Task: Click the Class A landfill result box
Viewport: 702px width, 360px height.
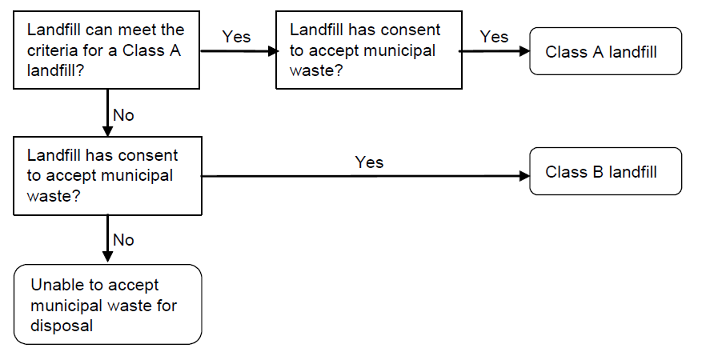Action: click(x=605, y=51)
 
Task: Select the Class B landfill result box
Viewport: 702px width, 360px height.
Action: click(x=605, y=171)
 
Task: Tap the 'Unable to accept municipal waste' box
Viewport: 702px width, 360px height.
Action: click(x=107, y=305)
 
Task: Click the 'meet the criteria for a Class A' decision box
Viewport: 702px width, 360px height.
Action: click(x=106, y=50)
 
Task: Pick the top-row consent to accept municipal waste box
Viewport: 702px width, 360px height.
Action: click(x=368, y=50)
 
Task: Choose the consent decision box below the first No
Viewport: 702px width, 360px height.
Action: click(x=106, y=175)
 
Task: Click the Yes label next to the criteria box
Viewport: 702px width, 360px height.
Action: click(x=236, y=37)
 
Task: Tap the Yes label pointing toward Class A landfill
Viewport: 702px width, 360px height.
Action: click(x=494, y=37)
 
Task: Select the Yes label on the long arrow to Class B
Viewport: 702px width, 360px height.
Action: click(x=369, y=162)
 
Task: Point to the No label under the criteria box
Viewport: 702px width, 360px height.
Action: click(x=123, y=115)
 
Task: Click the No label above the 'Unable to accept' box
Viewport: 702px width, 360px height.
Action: click(x=123, y=240)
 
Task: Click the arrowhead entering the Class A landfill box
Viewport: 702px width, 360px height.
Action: click(x=524, y=50)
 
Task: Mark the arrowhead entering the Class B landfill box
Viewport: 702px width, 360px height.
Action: click(x=524, y=176)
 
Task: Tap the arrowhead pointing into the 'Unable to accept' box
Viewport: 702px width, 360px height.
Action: click(x=106, y=258)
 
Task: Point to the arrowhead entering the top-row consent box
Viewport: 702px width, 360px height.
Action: click(x=270, y=50)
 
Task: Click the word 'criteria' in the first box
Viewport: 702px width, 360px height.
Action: click(x=51, y=50)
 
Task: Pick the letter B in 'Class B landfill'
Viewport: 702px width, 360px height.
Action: click(x=598, y=172)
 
